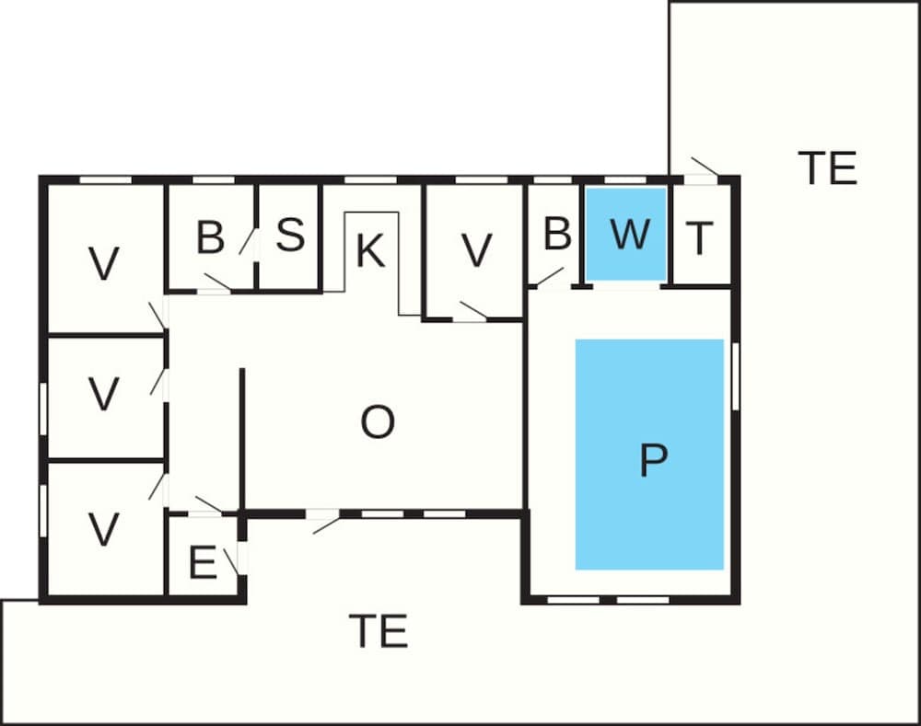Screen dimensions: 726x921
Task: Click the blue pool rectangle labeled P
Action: click(649, 454)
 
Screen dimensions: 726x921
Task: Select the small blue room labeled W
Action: click(627, 235)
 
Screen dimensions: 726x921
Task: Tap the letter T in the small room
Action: click(700, 238)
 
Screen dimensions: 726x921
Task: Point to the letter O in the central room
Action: click(378, 422)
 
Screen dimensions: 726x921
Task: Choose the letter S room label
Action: click(290, 236)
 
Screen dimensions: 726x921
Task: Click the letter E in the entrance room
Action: click(202, 563)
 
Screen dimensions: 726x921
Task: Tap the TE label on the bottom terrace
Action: click(378, 631)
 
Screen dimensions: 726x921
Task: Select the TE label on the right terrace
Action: click(827, 168)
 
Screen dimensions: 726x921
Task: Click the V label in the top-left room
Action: click(104, 264)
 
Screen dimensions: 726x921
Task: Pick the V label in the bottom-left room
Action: click(103, 529)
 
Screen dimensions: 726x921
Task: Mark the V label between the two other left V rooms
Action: click(104, 395)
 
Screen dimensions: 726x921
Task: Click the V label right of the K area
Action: click(476, 250)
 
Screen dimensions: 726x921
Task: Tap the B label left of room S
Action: click(210, 237)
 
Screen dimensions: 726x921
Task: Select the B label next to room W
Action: click(556, 235)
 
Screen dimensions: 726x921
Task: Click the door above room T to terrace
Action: click(703, 169)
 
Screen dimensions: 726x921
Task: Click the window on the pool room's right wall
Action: click(735, 375)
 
